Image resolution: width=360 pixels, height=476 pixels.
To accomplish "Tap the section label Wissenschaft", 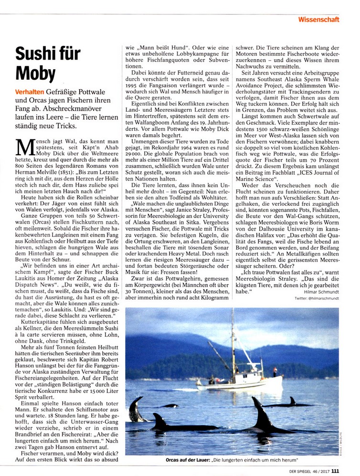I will tap(319, 20).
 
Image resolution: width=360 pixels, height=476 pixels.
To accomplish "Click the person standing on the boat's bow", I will tap(275, 371).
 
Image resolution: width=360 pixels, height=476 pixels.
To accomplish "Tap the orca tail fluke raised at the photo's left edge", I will tap(135, 408).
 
